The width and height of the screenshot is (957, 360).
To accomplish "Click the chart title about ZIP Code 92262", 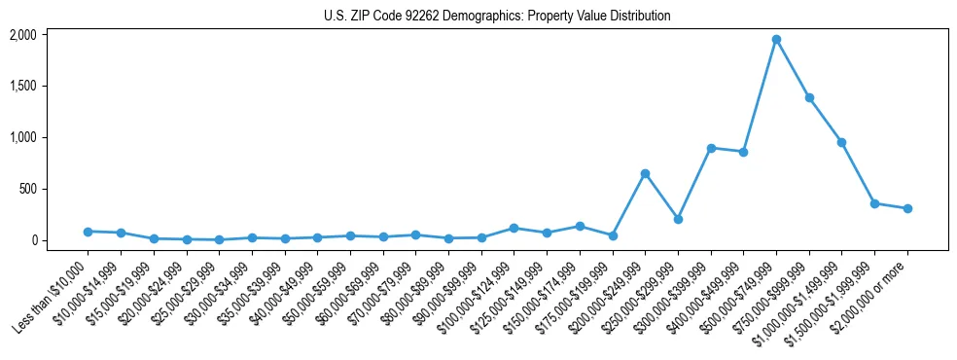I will click(497, 16).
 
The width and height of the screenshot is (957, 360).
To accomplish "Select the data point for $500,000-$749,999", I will click(776, 40).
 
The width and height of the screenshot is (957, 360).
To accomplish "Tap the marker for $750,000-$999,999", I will click(809, 98).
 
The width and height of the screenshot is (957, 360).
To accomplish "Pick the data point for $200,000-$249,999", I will click(645, 173).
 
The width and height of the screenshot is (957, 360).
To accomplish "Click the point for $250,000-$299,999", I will click(678, 219).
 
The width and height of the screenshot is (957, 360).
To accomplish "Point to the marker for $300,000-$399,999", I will click(711, 148).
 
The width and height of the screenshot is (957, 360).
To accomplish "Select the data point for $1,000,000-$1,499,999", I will click(841, 143).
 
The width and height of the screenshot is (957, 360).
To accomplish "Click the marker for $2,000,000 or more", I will click(907, 208).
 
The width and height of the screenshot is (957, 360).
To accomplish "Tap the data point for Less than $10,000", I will click(88, 232).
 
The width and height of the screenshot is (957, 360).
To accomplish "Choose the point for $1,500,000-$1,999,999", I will click(874, 203).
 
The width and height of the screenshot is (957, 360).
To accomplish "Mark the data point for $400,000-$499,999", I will click(743, 152).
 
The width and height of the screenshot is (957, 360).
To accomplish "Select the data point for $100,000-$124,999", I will click(514, 228).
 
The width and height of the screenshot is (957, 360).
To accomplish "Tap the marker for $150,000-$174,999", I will click(580, 226).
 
